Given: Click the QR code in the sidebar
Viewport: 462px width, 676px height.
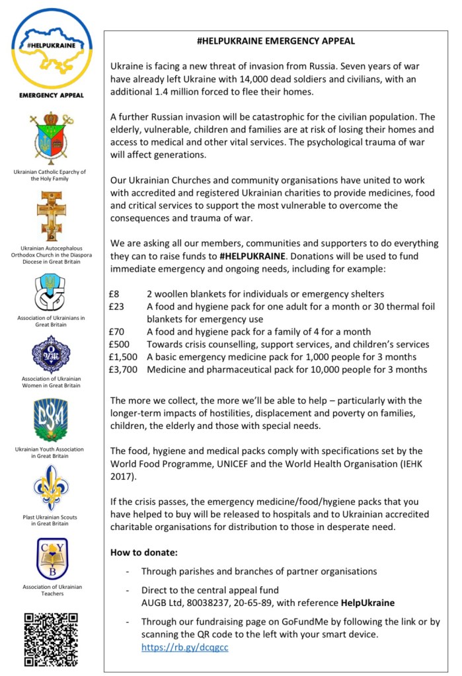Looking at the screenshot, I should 51,639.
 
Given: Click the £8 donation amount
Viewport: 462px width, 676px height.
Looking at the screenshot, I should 114,293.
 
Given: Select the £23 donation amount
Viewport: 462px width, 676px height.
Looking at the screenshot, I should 117,306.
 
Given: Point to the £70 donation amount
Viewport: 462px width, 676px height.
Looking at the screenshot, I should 117,332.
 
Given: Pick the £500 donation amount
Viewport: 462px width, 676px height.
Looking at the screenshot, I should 120,344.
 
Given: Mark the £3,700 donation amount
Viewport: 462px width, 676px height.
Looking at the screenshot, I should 124,369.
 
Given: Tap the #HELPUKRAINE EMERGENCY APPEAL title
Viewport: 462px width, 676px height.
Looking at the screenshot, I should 276,41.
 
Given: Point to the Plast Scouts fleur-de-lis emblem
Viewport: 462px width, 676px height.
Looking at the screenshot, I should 51,487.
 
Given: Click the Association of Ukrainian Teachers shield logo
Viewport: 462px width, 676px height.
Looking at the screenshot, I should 51,558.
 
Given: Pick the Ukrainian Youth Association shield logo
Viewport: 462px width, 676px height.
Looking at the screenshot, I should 51,420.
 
